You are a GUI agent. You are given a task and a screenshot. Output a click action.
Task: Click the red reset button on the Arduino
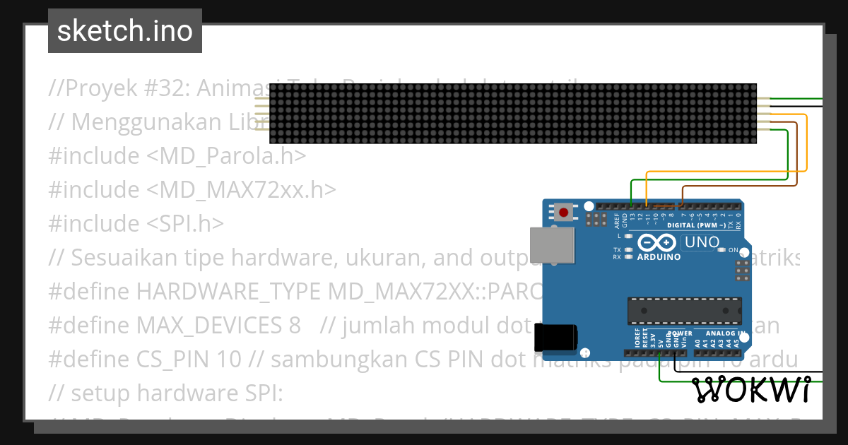pos(563,211)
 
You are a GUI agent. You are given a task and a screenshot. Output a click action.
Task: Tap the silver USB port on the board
pos(544,244)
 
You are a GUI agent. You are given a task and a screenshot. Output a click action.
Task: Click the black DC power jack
pos(555,337)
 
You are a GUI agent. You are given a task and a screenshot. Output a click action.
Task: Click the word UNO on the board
pos(702,242)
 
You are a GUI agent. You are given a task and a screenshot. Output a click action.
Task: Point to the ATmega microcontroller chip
pos(685,309)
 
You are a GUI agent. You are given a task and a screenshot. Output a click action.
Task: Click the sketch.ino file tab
pos(125,31)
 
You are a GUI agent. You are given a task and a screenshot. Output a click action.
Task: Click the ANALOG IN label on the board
pos(719,333)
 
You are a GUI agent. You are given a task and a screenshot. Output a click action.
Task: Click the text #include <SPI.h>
pos(136,224)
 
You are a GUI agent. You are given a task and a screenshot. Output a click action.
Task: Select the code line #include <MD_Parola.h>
pos(177,156)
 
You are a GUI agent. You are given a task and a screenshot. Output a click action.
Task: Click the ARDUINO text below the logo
pos(658,257)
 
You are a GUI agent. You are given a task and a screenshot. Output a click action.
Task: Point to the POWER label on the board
pos(680,333)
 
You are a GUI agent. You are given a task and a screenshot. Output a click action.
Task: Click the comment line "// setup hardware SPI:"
pos(165,393)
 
